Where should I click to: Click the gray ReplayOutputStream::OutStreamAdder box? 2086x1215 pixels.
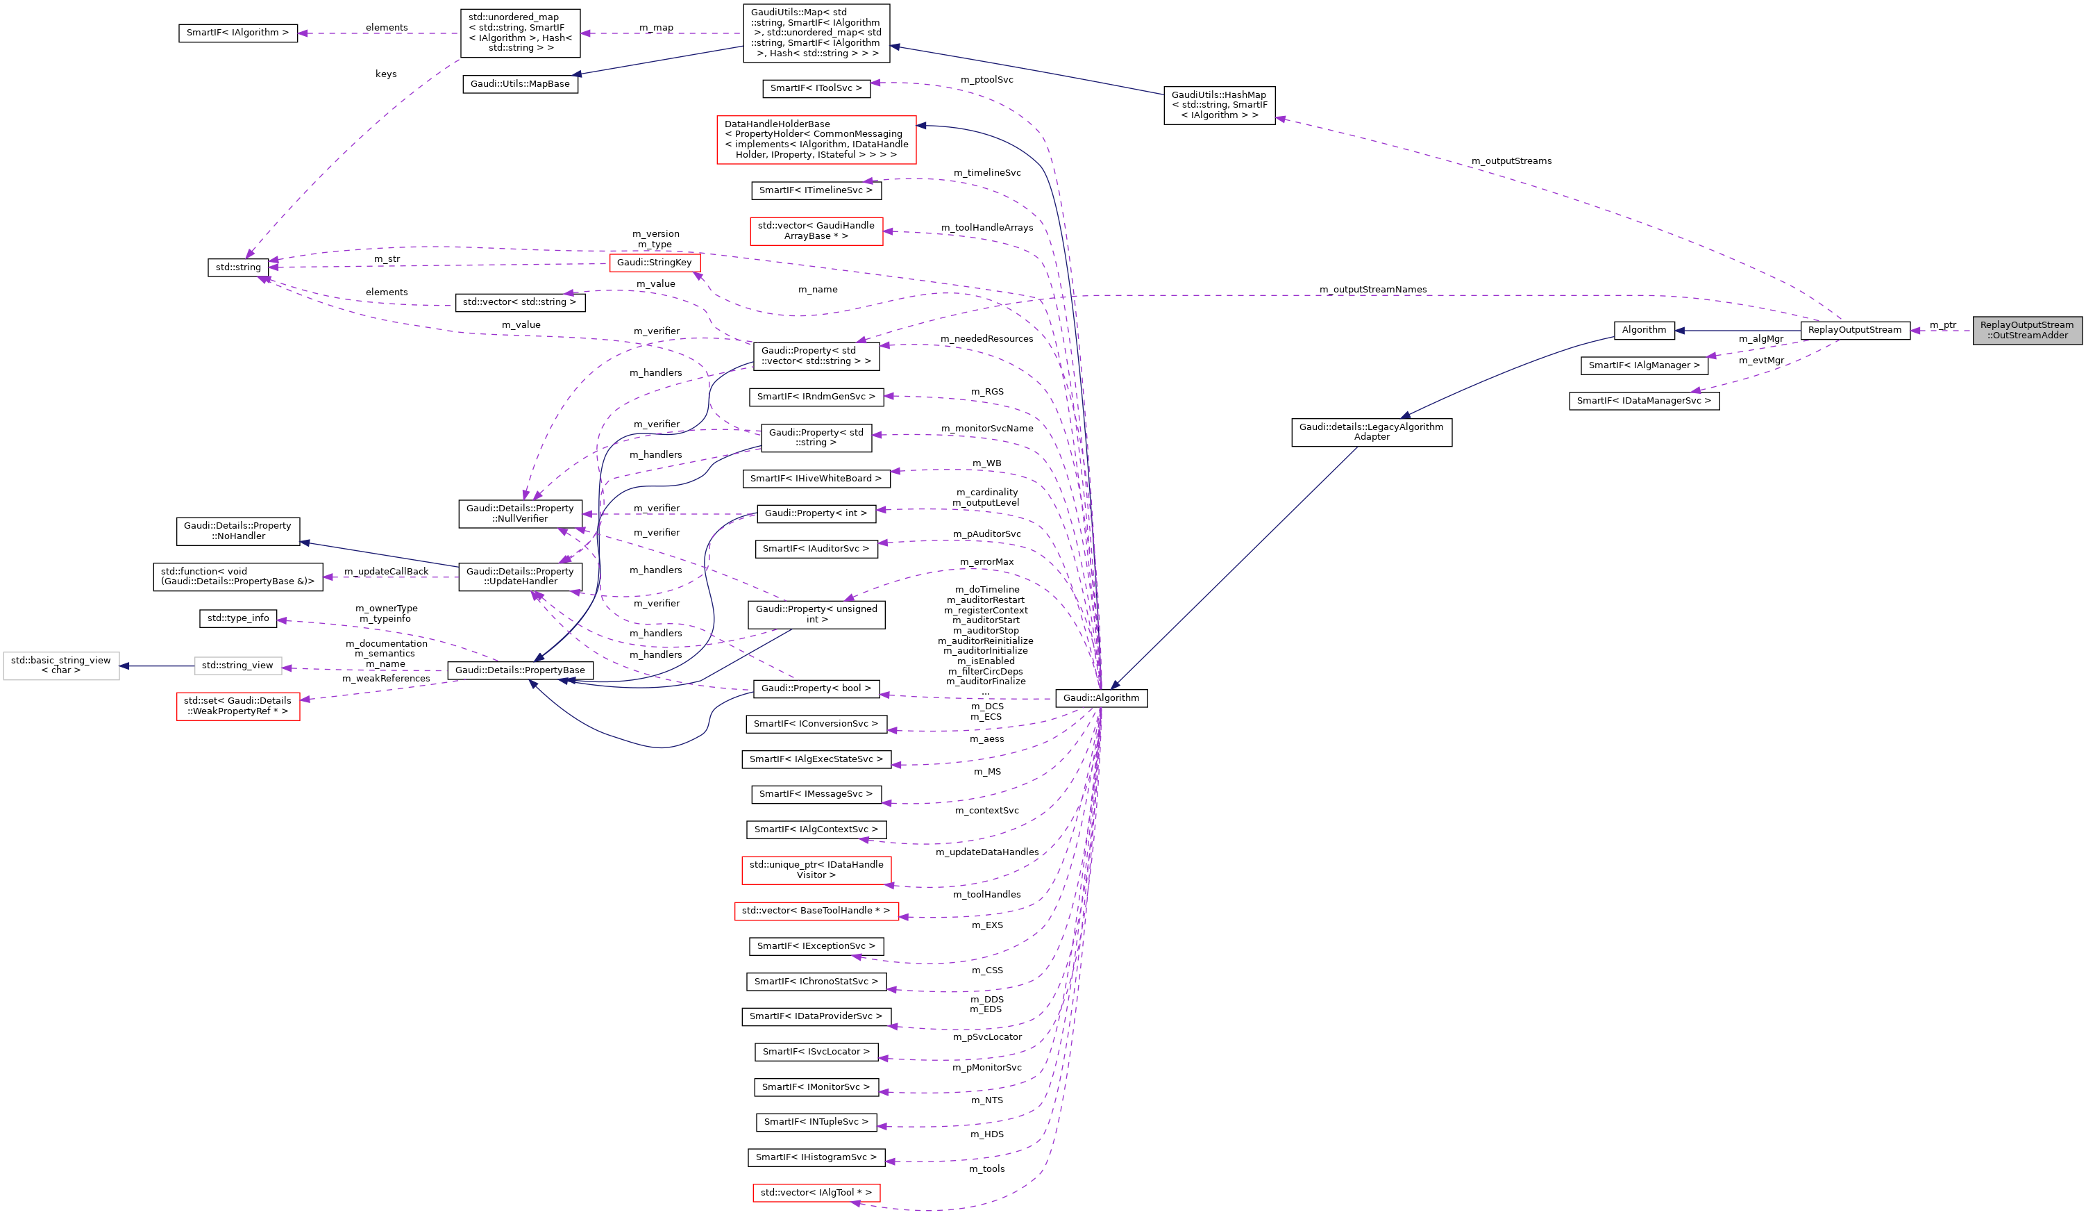[2026, 330]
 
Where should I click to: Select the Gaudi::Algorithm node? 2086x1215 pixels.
[1101, 698]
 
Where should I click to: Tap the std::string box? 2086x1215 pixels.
[237, 267]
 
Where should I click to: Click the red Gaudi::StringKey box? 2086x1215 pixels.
[654, 263]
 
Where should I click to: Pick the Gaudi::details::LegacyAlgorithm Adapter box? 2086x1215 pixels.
[1371, 431]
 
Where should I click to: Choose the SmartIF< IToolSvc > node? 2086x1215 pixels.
[816, 88]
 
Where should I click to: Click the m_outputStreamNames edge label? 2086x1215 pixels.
[1372, 289]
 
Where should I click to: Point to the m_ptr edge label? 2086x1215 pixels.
[1943, 324]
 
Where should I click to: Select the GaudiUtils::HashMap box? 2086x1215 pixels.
[1218, 105]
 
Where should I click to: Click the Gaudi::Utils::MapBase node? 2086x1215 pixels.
[520, 83]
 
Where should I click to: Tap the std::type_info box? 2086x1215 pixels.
[237, 618]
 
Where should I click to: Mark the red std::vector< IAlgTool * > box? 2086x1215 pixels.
[816, 1193]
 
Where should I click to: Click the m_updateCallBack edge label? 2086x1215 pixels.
[386, 572]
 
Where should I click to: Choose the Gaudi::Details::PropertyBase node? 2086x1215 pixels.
[520, 670]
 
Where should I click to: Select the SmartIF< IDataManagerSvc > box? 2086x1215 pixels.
[1643, 401]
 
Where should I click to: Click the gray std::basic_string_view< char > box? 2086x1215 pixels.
[60, 665]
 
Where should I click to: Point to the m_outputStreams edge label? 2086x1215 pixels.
[1511, 160]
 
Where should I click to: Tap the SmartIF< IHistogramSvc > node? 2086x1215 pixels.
[816, 1157]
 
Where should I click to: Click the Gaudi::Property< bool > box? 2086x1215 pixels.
[816, 688]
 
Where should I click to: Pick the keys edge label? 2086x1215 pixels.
[386, 74]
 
